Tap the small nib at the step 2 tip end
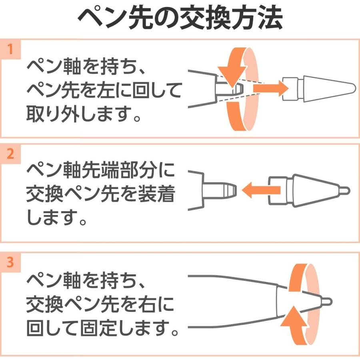click(x=344, y=189)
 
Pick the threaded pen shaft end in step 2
click(x=220, y=190)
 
